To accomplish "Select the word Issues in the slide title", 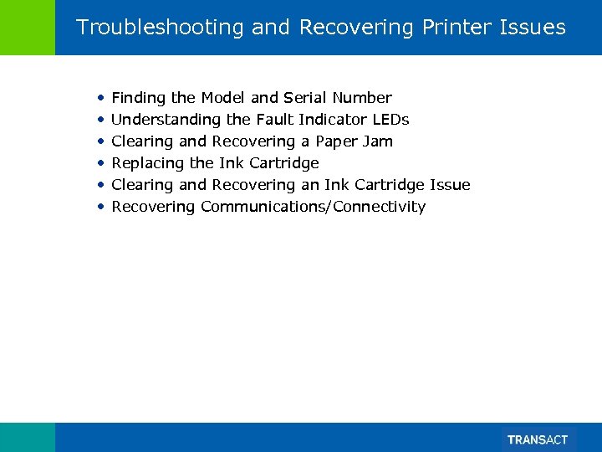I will [534, 28].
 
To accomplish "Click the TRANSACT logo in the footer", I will [538, 439].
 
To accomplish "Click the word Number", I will [361, 98].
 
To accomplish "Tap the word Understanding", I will [166, 120].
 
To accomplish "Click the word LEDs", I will [390, 120].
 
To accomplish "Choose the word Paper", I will [336, 141].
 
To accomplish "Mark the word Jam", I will [378, 141].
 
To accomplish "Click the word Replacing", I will [148, 163].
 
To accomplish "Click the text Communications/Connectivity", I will [313, 207].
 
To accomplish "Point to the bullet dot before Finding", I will [100, 98].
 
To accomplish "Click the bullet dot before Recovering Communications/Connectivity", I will [100, 207].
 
